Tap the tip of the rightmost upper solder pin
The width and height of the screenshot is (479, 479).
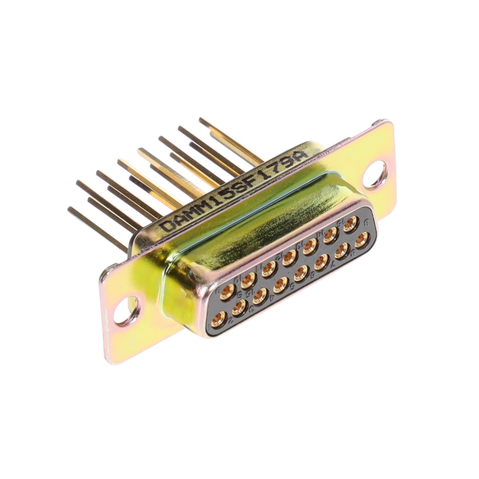(x=201, y=120)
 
